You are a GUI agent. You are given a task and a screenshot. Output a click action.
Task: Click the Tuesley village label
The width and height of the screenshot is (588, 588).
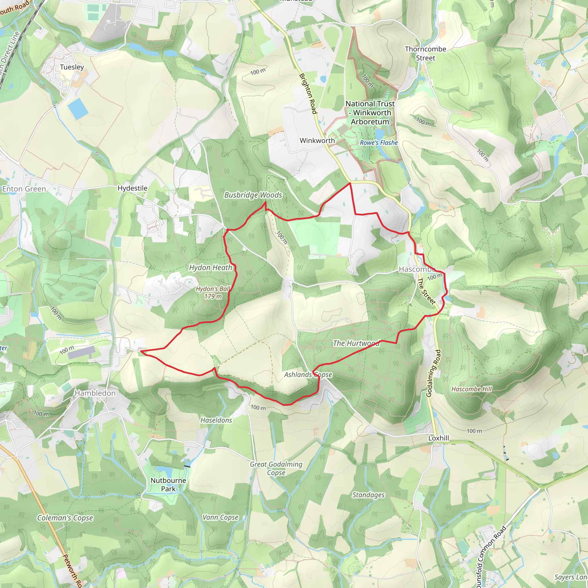(72, 67)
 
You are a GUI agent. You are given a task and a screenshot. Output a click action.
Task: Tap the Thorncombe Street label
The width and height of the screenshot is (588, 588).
(425, 54)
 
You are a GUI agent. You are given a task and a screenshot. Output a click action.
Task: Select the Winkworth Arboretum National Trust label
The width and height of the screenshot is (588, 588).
(370, 113)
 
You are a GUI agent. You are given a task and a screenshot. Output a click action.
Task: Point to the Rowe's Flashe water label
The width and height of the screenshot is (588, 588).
(379, 143)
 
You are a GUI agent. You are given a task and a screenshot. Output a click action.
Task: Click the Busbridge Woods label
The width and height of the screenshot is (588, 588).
(253, 195)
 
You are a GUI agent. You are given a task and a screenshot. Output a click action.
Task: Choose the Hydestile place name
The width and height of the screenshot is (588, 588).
(132, 188)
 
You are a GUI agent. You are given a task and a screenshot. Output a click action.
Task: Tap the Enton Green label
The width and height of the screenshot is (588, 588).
(24, 189)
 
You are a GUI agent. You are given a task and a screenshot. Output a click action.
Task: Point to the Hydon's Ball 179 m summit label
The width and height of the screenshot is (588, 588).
(213, 293)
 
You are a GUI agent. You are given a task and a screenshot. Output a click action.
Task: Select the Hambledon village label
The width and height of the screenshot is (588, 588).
(95, 393)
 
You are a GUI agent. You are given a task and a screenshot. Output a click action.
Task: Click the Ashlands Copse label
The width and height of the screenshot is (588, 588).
(308, 375)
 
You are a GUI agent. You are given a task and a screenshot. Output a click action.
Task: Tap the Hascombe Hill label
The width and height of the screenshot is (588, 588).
(471, 389)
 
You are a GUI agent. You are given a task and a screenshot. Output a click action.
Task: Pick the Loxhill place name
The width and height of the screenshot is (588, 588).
(439, 438)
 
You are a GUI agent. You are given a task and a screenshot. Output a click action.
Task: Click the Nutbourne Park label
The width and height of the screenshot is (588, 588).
(168, 485)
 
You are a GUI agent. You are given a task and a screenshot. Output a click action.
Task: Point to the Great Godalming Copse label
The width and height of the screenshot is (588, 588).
(276, 468)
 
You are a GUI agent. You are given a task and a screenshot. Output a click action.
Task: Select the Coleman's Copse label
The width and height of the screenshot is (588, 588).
(65, 518)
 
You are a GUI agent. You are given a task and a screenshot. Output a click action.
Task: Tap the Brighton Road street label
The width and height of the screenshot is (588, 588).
(308, 93)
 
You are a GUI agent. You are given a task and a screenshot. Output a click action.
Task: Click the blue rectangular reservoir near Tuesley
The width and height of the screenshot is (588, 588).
(78, 109)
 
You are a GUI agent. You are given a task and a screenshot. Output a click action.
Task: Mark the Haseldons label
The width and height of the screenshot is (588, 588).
(216, 420)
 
